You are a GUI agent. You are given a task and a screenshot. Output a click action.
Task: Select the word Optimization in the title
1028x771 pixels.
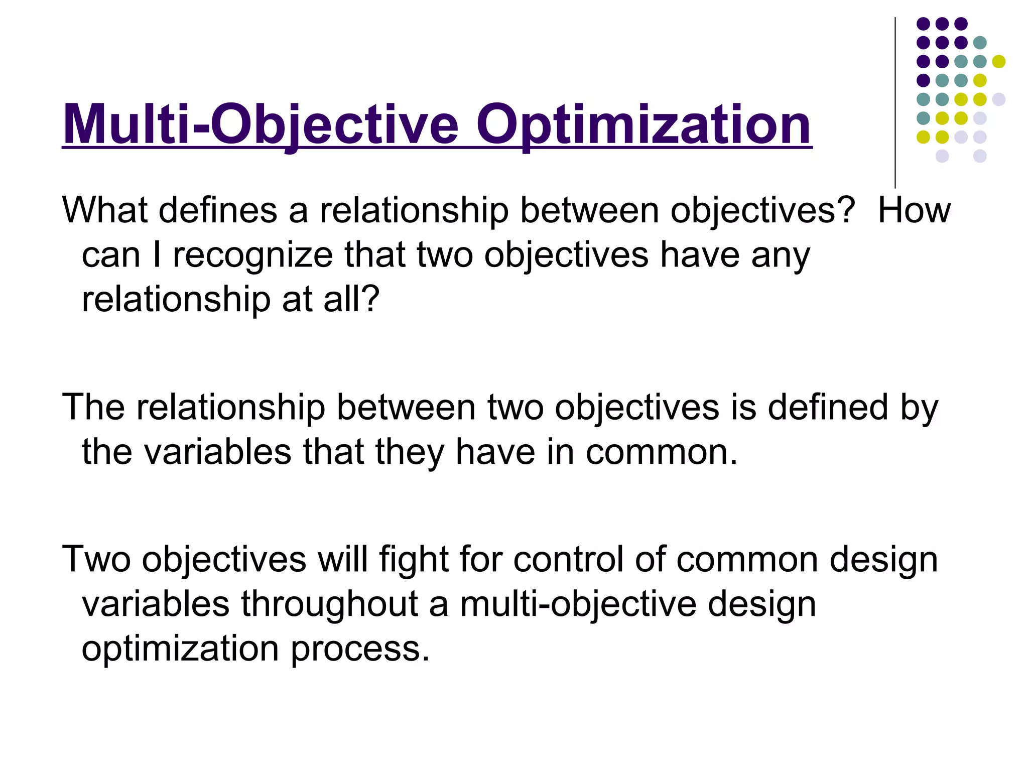click(644, 124)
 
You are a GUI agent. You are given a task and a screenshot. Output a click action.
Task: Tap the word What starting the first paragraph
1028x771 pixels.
click(104, 210)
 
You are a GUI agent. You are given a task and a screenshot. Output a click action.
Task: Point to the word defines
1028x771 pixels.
click(218, 210)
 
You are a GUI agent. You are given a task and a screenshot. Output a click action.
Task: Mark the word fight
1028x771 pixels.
click(413, 559)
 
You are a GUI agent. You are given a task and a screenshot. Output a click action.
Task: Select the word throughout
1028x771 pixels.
click(329, 604)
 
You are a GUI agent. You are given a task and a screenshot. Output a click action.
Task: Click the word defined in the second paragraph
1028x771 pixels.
click(827, 407)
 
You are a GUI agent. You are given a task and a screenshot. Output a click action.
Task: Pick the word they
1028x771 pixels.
click(409, 452)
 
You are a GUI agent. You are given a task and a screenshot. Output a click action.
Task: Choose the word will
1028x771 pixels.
click(341, 559)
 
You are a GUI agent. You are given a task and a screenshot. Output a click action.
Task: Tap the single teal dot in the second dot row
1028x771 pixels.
click(979, 43)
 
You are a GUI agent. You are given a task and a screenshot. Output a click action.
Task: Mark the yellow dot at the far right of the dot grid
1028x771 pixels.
click(998, 62)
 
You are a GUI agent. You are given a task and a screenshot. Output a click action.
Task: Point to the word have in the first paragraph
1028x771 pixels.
click(700, 255)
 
